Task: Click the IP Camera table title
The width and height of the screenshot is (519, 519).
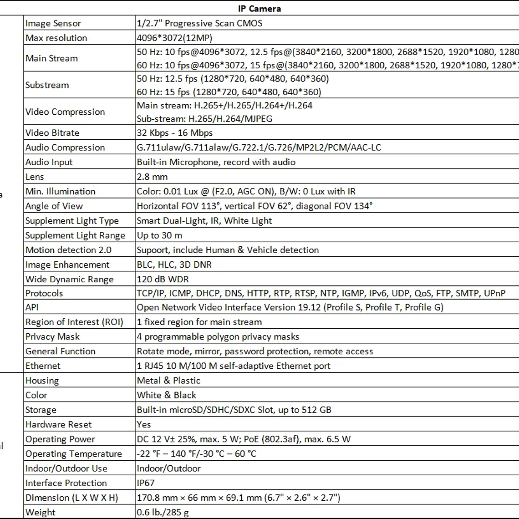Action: tap(259, 8)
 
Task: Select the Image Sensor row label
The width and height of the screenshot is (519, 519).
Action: tap(53, 23)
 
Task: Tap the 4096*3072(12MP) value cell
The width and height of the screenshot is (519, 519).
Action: tap(174, 38)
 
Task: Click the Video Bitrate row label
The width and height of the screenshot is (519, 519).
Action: tap(52, 133)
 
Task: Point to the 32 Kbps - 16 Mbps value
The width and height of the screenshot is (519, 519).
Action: tap(175, 133)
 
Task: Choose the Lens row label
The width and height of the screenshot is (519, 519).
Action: tap(35, 177)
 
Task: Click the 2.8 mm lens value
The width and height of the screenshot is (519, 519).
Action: tap(152, 177)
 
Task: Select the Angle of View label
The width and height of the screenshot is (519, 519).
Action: tap(54, 206)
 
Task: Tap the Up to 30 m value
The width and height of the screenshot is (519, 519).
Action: tap(159, 235)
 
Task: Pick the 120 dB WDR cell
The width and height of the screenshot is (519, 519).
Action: tap(163, 279)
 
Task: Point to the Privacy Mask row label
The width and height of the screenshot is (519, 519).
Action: tap(52, 337)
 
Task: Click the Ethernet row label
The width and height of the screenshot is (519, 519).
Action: tap(43, 366)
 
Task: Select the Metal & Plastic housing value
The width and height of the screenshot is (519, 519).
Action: tap(168, 381)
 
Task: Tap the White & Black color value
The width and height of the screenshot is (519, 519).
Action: tap(167, 395)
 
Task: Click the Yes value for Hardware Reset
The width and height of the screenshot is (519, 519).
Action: tap(144, 424)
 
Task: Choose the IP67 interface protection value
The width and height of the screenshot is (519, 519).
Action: tap(146, 483)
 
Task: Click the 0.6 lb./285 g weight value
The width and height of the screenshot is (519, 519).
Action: tap(163, 512)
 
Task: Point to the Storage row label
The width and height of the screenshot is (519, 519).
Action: tap(41, 410)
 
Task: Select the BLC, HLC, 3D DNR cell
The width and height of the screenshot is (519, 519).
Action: tap(174, 265)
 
